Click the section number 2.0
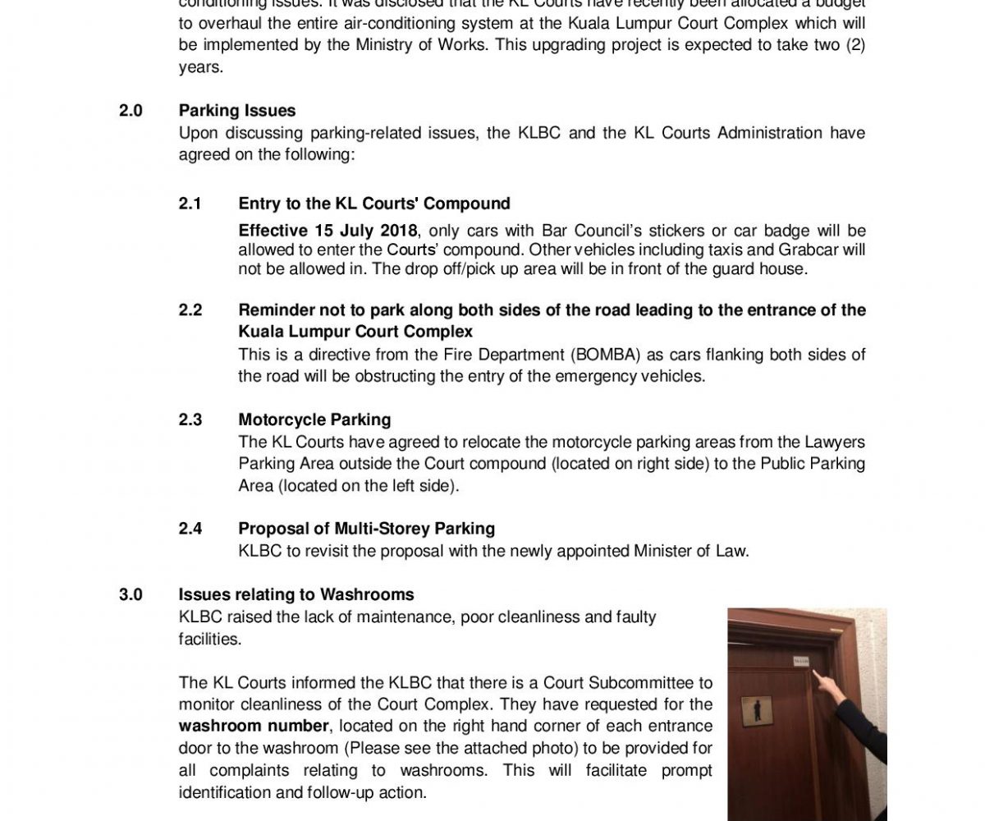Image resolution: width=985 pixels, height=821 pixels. click(x=131, y=111)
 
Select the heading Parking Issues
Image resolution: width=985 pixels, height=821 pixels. click(x=237, y=111)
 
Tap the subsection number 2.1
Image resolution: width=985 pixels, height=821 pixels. click(x=190, y=204)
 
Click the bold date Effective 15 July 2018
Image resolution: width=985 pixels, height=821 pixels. click(x=328, y=230)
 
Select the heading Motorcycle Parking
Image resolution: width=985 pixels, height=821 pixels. click(x=314, y=420)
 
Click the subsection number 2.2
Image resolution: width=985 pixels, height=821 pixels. click(x=190, y=310)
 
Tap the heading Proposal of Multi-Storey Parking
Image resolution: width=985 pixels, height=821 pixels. click(x=366, y=529)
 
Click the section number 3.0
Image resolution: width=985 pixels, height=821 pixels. click(x=131, y=594)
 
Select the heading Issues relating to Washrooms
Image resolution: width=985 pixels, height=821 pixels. click(x=296, y=594)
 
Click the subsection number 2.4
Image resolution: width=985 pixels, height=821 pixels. click(x=190, y=529)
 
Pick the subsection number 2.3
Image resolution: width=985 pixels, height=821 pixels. click(x=190, y=420)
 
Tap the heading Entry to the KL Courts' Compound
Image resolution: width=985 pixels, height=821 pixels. click(x=374, y=204)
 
